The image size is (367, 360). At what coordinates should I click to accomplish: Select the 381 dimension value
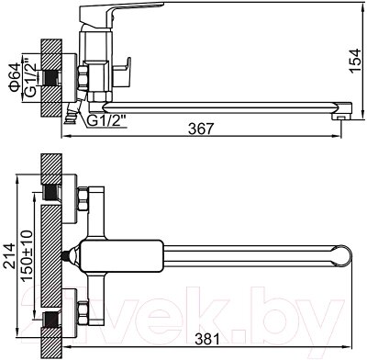[207, 339]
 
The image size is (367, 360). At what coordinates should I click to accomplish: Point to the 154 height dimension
[355, 61]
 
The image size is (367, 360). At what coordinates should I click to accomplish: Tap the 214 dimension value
[9, 256]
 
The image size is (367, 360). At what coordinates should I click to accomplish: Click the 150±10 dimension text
[27, 256]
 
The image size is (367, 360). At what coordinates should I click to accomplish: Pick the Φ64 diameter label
[16, 77]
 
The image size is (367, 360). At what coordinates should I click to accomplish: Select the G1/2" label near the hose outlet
[107, 121]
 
